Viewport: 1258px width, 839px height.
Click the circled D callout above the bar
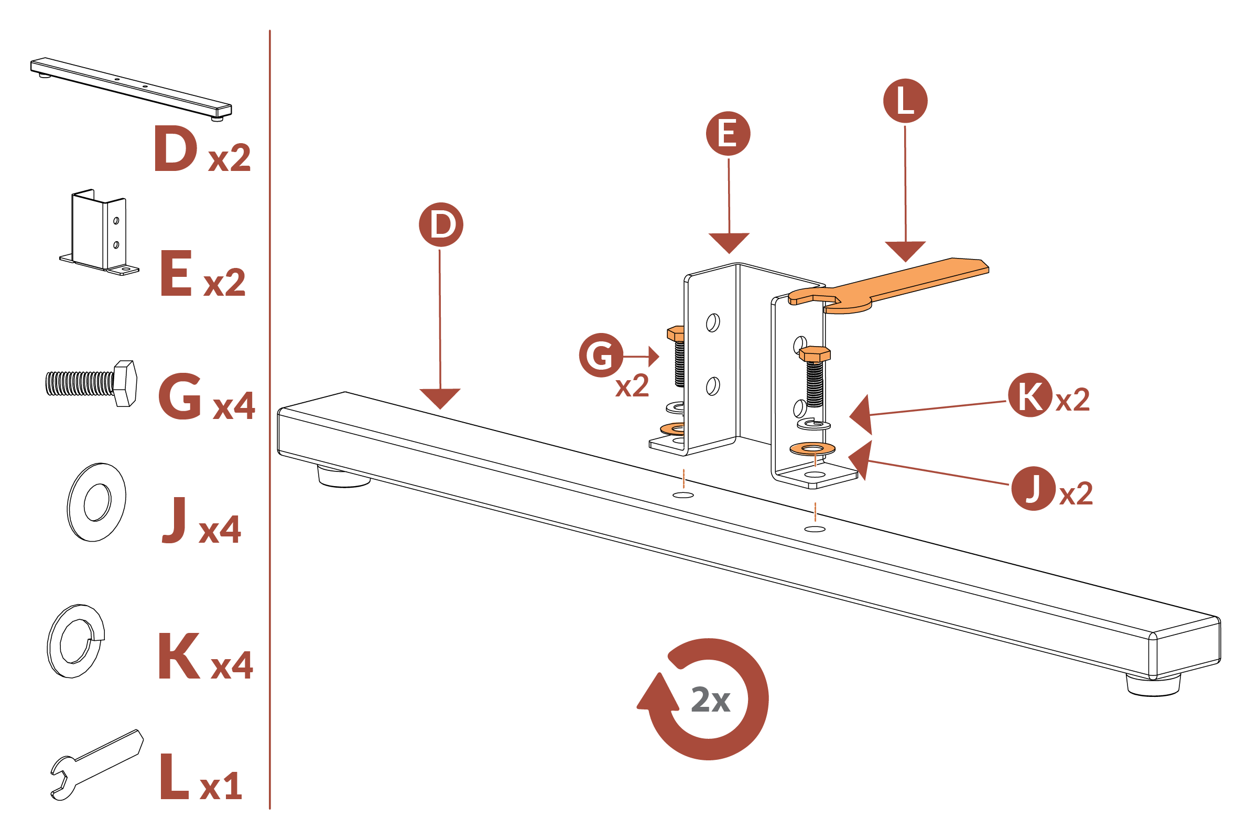point(441,225)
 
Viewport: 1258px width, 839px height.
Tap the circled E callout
point(728,134)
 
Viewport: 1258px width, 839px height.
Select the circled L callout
point(905,101)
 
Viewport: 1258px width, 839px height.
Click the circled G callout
point(601,356)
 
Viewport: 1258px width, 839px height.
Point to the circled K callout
point(1030,395)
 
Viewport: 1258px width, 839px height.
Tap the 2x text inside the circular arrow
point(710,700)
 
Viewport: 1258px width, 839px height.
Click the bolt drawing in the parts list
point(91,383)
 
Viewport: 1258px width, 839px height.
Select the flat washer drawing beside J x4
point(97,502)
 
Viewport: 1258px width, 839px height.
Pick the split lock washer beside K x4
point(75,641)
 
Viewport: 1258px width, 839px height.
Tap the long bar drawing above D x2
point(131,88)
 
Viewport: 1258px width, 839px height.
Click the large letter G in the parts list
point(180,396)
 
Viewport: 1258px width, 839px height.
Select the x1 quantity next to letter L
point(221,787)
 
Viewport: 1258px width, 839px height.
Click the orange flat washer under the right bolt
point(812,448)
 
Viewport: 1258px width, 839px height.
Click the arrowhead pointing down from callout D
point(440,398)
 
